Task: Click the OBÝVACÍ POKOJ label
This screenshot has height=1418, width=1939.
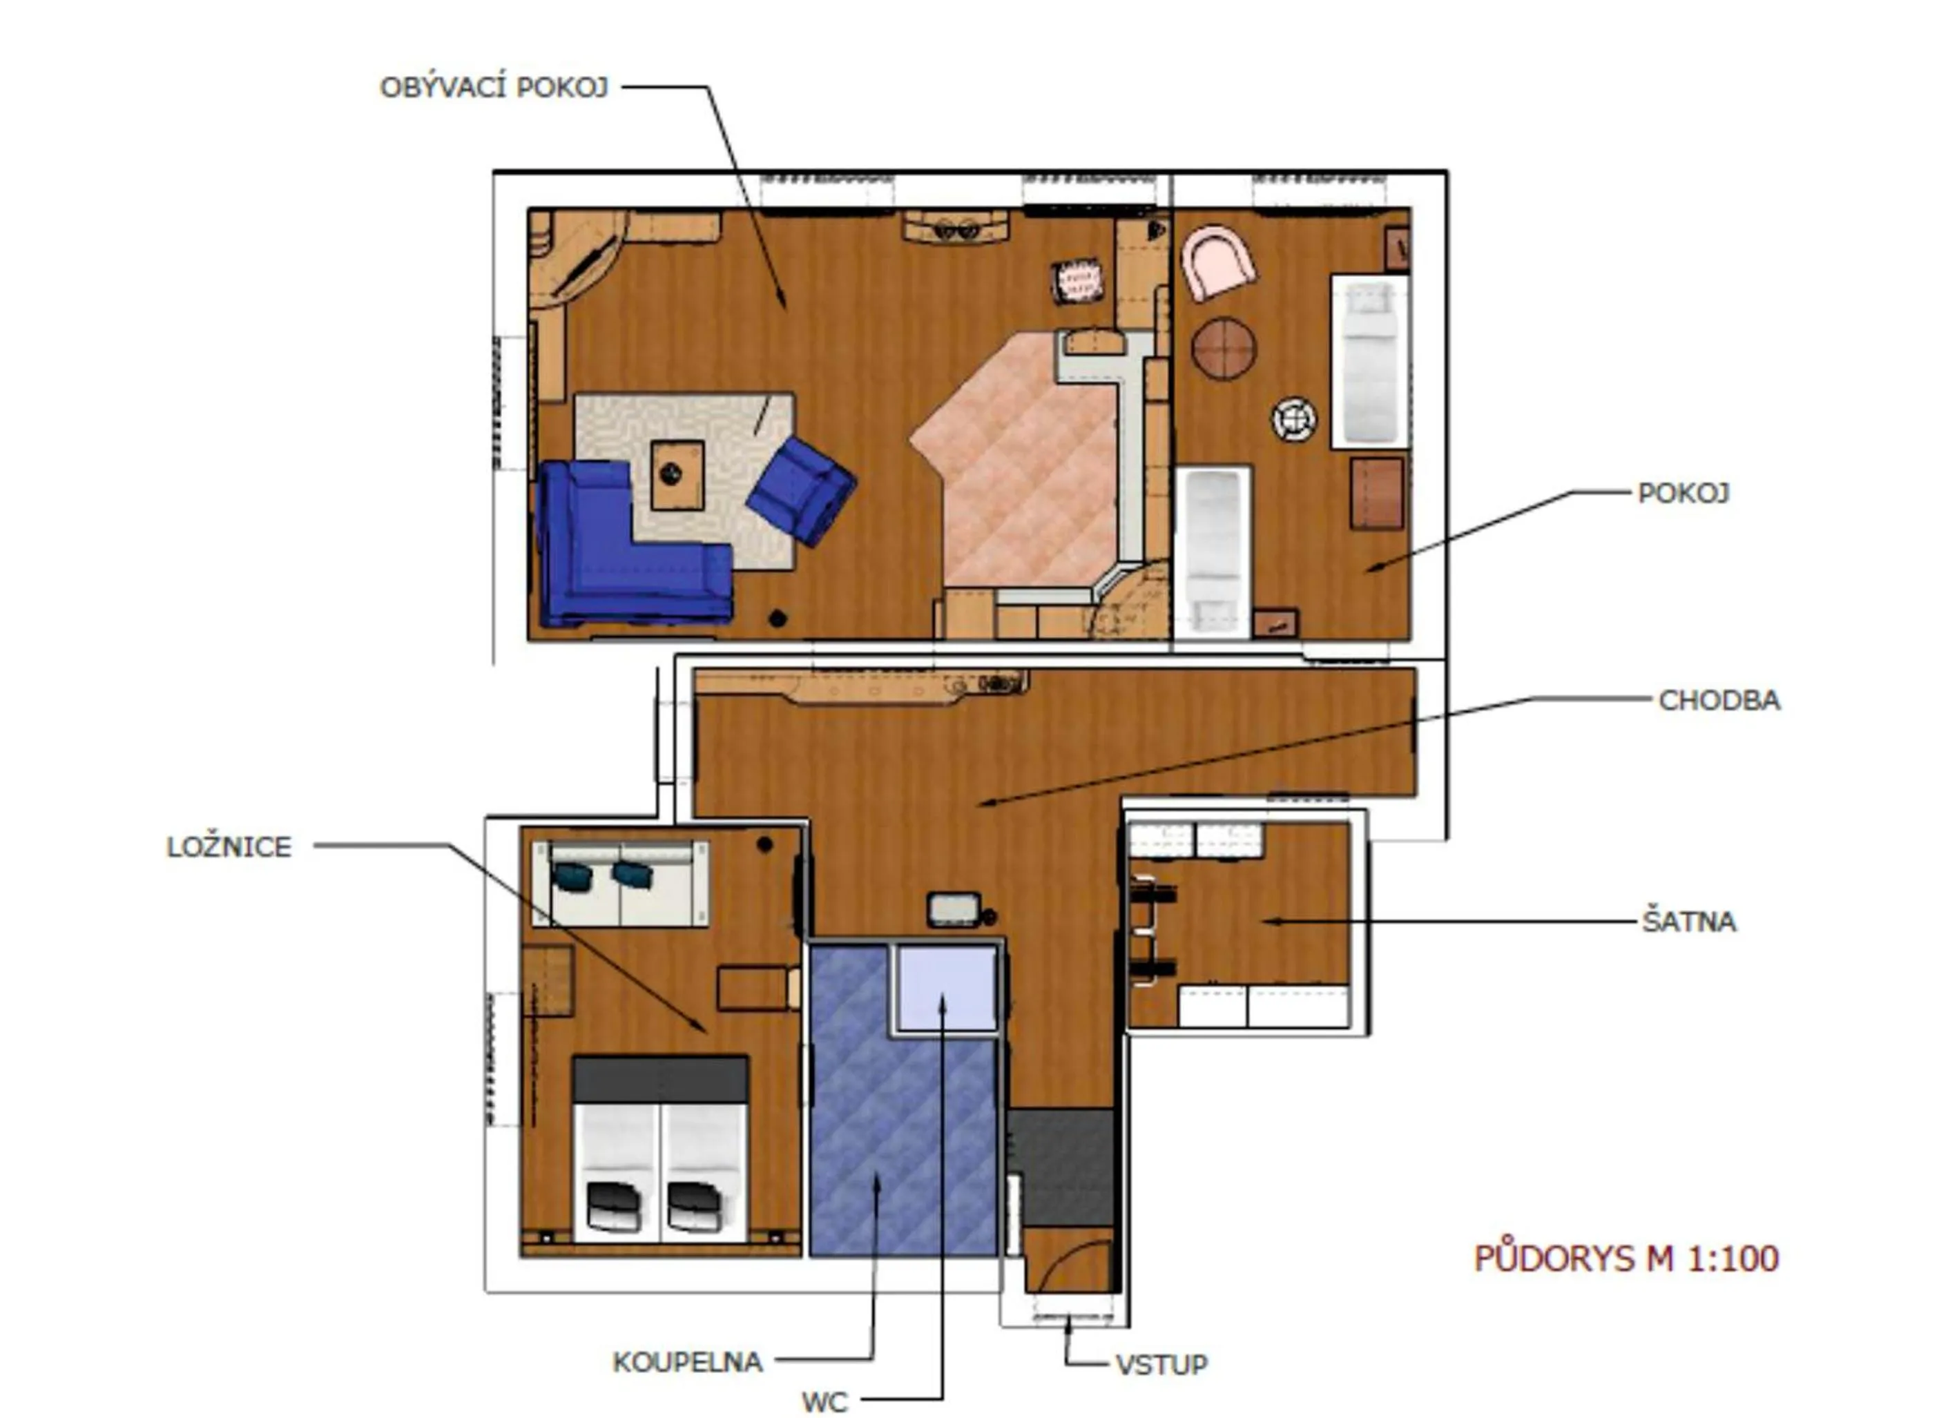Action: click(x=494, y=88)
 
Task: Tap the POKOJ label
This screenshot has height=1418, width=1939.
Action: click(x=1681, y=493)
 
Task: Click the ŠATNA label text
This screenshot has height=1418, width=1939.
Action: click(x=1688, y=922)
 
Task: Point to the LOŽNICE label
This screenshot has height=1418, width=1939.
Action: click(x=229, y=847)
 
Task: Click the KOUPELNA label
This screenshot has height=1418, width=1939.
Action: click(x=686, y=1362)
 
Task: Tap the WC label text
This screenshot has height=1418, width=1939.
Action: click(x=824, y=1401)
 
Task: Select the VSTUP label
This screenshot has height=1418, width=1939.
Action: click(x=1161, y=1364)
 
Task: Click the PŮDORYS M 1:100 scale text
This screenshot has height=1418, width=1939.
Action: click(x=1626, y=1259)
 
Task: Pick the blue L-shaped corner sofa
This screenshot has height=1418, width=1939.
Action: click(x=618, y=558)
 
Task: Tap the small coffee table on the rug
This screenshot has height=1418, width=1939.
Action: click(x=677, y=475)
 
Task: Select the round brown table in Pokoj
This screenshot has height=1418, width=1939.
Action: click(x=1223, y=348)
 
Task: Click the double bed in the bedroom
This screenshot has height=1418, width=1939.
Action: click(x=660, y=1150)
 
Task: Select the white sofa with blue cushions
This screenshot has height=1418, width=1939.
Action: click(x=619, y=884)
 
